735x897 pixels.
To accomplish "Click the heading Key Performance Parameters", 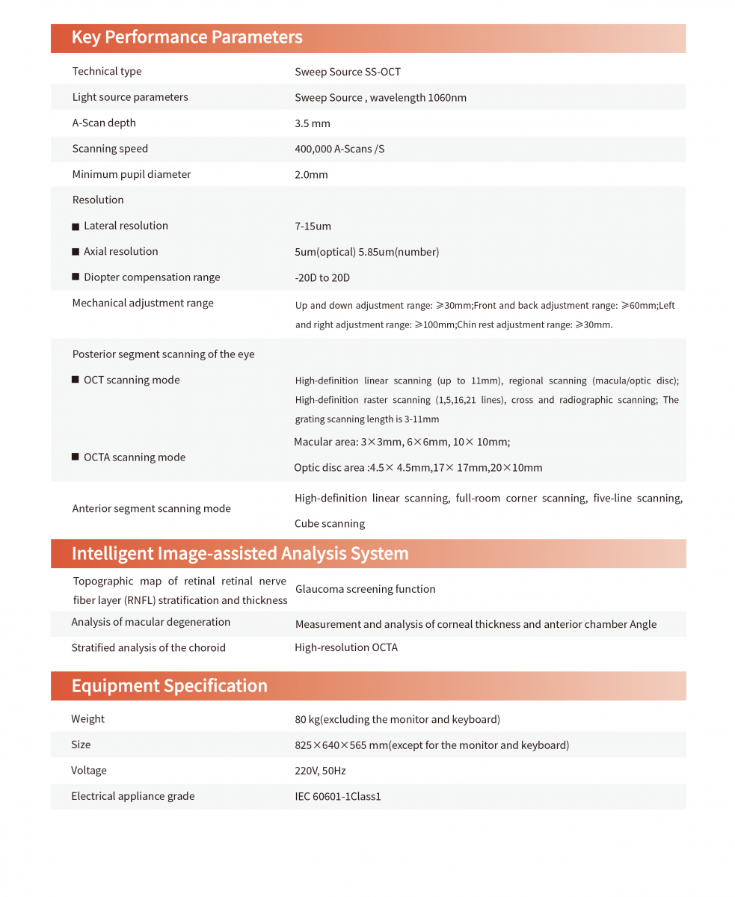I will coord(187,37).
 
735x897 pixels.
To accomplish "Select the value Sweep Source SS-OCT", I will coord(348,72).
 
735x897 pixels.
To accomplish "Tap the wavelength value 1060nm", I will coord(447,98).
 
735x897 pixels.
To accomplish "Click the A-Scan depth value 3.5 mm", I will coord(313,123).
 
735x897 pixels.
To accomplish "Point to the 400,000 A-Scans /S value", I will coord(339,149).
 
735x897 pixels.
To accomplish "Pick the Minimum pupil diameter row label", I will coord(132,174).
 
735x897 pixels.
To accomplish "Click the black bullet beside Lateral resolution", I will coord(76,226).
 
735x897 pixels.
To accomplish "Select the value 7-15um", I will coord(313,226).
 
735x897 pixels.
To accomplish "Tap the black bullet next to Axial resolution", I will coord(76,252).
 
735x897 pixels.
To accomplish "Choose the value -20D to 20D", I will coord(322,277).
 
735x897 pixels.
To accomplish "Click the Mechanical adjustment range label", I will coord(143,303).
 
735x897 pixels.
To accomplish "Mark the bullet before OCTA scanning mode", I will coord(76,457).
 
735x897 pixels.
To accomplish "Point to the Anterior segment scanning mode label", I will coord(151,508).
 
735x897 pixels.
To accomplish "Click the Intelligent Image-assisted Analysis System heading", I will coord(240,554).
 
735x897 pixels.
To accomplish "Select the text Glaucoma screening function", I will coord(365,589).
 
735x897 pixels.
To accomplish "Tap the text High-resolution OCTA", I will coord(346,647).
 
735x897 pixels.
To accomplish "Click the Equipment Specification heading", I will coord(169,686).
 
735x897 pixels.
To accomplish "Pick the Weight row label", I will coord(88,719).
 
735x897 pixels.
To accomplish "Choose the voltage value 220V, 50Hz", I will coord(320,771).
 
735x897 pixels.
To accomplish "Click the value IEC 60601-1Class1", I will coord(338,796).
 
